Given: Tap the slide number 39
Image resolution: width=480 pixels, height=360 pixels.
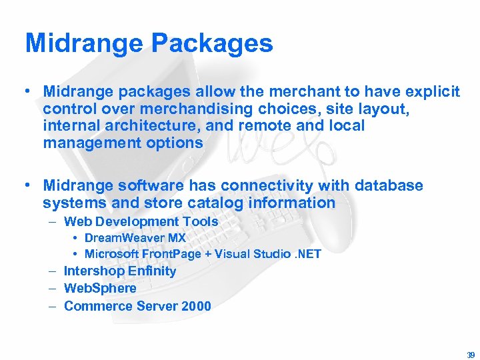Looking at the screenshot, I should point(471,355).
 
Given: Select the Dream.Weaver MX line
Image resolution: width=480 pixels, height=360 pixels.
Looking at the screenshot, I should point(135,237).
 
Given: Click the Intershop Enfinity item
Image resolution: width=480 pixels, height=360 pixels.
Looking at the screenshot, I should point(120,271).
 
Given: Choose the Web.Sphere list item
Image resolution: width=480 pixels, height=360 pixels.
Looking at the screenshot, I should point(100,289).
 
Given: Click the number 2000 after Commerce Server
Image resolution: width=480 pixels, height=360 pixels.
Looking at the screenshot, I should point(196,307).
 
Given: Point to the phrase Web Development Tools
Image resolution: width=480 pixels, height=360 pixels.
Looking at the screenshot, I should point(141,221).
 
